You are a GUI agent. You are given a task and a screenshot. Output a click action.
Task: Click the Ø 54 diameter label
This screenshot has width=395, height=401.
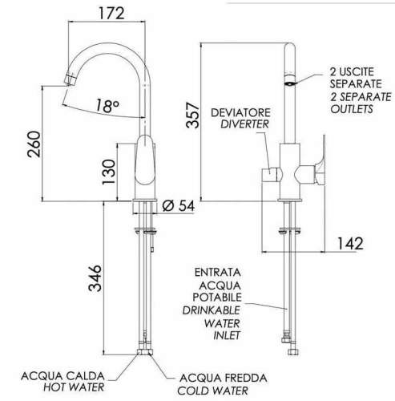(x=179, y=206)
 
